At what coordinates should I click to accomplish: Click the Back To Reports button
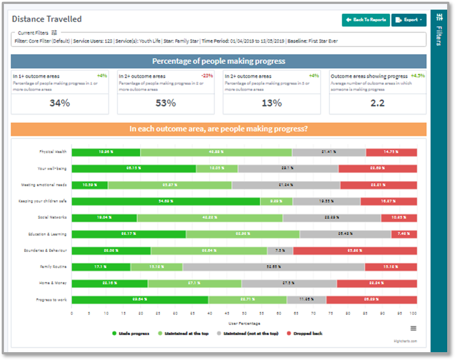coord(366,20)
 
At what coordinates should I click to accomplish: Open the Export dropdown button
coord(408,20)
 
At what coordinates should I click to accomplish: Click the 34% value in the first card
coord(59,103)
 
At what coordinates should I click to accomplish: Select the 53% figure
coord(165,103)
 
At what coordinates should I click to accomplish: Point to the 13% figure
coord(271,103)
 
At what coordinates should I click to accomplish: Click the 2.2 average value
coord(377,103)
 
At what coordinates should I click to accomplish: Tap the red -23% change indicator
coord(208,76)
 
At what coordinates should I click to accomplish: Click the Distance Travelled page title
coord(47,19)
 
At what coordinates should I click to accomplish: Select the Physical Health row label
coord(53,152)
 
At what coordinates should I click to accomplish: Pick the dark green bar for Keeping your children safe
coord(166,201)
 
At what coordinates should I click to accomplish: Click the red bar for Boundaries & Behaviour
coord(355,250)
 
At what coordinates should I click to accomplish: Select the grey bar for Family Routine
coord(274,267)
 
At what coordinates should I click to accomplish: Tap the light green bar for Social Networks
coord(209,218)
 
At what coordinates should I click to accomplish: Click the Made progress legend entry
coord(131,333)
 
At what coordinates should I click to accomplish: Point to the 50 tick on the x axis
coord(244,313)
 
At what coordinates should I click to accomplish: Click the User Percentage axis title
coord(244,323)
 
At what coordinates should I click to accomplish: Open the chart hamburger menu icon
coord(413,328)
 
